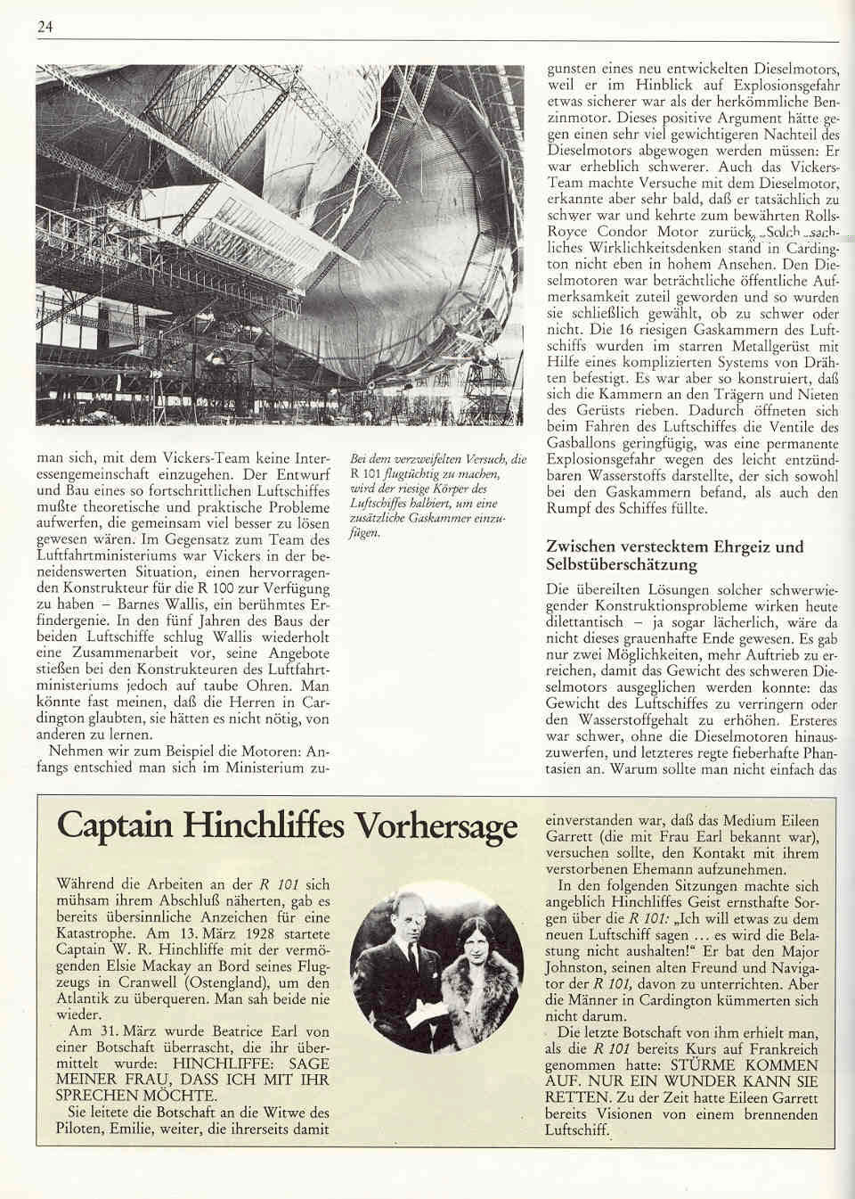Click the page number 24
45,27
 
